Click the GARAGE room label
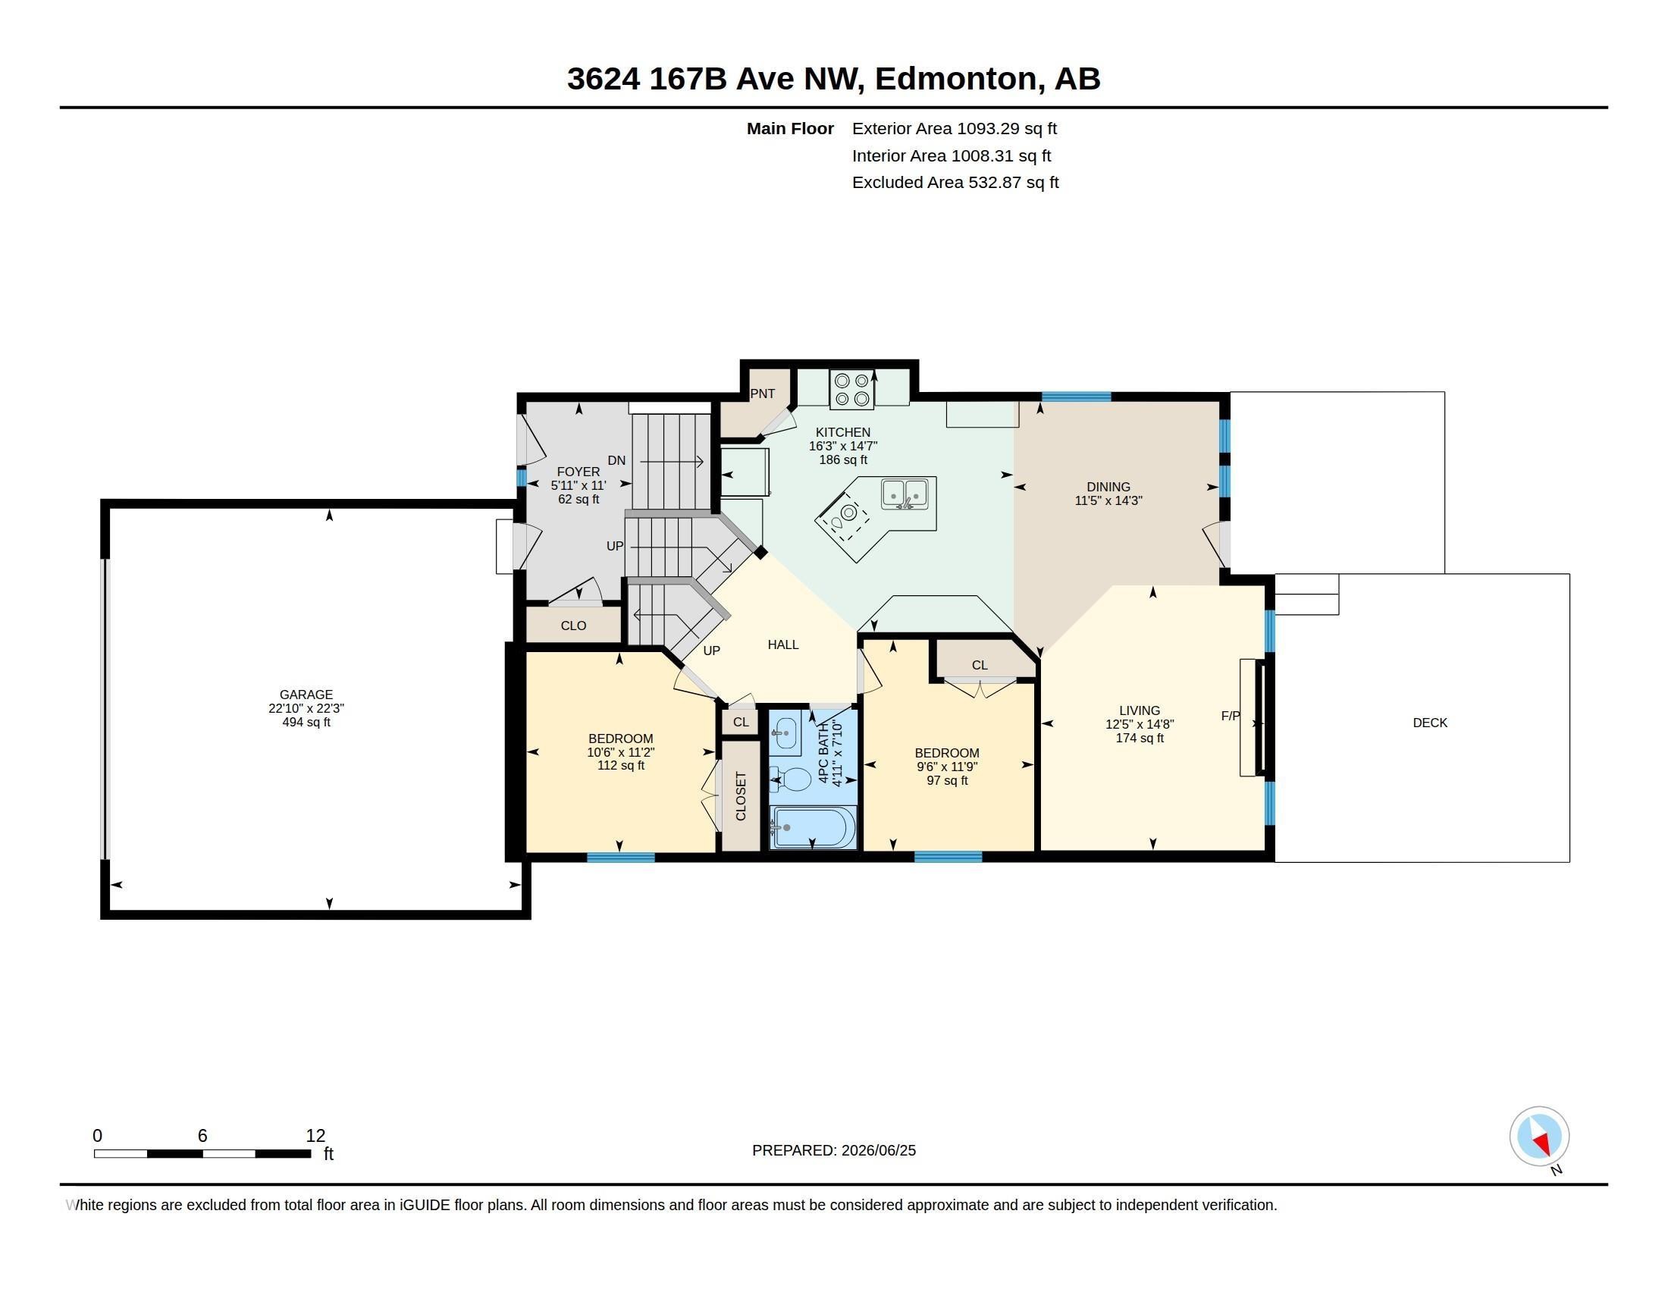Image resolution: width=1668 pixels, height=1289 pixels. click(x=306, y=694)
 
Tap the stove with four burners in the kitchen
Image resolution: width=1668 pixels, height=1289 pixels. click(x=851, y=389)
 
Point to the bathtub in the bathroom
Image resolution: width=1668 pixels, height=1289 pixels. click(x=814, y=827)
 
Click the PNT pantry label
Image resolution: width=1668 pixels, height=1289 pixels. click(x=762, y=394)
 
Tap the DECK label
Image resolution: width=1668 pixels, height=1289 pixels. click(x=1430, y=723)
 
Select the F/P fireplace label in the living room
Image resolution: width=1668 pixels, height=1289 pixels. click(x=1231, y=716)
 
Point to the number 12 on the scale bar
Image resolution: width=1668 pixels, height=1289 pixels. click(x=315, y=1136)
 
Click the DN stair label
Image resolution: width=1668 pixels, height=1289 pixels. click(x=616, y=460)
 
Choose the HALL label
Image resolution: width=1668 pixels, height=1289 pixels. click(x=783, y=644)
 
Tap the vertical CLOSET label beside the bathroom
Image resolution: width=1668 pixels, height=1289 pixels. click(x=740, y=795)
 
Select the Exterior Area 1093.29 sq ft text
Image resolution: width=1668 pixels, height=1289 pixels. click(x=955, y=128)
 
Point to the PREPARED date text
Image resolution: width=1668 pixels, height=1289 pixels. click(x=834, y=1150)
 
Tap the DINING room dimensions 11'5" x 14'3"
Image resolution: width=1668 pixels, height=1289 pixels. click(x=1108, y=501)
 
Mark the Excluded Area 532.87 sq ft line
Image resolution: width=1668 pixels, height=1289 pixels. click(x=955, y=183)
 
